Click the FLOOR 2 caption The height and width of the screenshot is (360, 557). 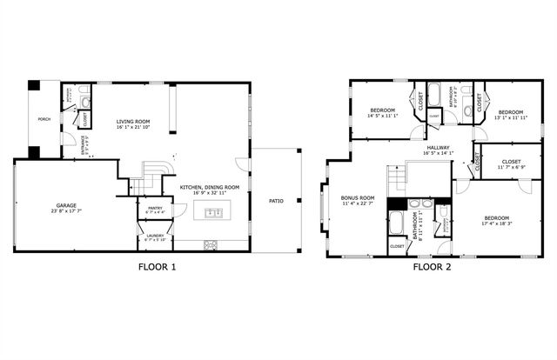click(433, 267)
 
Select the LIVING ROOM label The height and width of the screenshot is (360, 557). click(134, 123)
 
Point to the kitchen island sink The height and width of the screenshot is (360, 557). click(213, 212)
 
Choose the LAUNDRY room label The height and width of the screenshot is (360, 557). click(155, 236)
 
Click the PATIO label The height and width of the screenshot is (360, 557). click(276, 201)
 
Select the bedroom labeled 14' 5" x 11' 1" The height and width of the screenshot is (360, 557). click(383, 111)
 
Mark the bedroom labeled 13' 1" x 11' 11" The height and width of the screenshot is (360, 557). click(511, 113)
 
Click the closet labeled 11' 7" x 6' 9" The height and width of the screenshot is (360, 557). click(511, 162)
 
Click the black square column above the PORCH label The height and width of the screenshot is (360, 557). click(33, 85)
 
